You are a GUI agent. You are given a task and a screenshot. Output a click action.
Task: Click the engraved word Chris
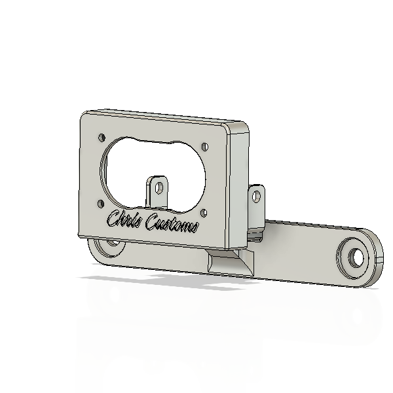[x=125, y=219]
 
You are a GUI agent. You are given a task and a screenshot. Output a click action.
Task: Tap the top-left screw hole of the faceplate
[x=102, y=138]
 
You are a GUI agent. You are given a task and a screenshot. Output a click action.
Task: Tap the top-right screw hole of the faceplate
[x=205, y=147]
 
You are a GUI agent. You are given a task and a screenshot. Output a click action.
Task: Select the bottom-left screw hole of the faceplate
[x=100, y=204]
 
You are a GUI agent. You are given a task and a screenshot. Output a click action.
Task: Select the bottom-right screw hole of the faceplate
[x=204, y=213]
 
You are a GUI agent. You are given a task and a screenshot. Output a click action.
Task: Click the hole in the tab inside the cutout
[x=159, y=187]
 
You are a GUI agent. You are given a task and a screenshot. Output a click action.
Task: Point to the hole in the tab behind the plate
[x=256, y=196]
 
